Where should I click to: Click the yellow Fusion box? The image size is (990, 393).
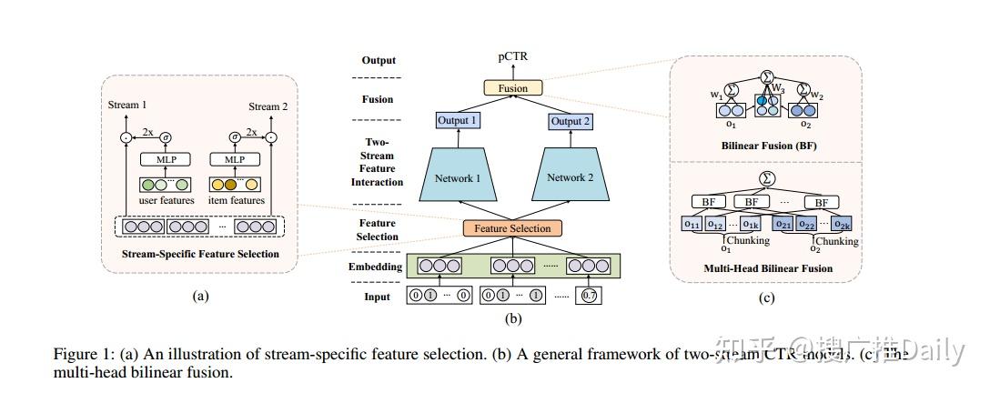pyautogui.click(x=513, y=88)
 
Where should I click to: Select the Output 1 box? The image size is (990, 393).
pyautogui.click(x=457, y=122)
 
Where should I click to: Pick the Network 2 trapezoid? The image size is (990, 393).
pyautogui.click(x=572, y=178)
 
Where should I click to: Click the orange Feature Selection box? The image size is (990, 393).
pyautogui.click(x=513, y=228)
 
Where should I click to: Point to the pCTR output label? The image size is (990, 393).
pyautogui.click(x=513, y=57)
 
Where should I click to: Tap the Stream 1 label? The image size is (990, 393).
pyautogui.click(x=126, y=106)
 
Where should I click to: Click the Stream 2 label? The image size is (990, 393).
pyautogui.click(x=268, y=106)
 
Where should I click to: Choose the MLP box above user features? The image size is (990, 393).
pyautogui.click(x=165, y=160)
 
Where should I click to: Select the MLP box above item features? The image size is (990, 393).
pyautogui.click(x=235, y=160)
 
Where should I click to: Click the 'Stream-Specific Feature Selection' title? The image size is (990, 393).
pyautogui.click(x=201, y=254)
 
